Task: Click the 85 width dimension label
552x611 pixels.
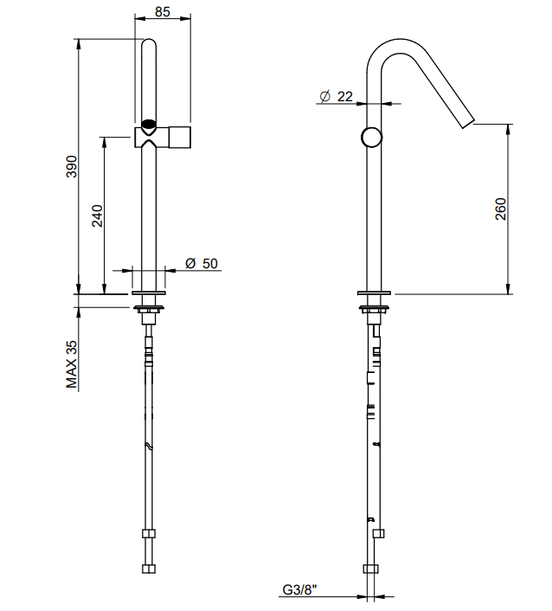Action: [163, 12]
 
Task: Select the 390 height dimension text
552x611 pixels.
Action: [72, 166]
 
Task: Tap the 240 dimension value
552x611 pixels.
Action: [97, 215]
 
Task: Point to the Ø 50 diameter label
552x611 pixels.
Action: [202, 263]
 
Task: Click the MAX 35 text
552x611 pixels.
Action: [72, 364]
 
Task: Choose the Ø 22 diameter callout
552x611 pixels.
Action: [337, 96]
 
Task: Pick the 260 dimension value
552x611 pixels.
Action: [501, 209]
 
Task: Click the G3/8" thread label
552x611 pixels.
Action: [299, 589]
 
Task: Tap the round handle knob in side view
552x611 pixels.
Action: [372, 137]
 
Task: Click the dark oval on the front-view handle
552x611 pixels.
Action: [149, 124]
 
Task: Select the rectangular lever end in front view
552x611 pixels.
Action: [180, 137]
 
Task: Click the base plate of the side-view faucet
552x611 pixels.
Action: [374, 293]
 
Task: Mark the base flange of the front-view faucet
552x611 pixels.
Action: [149, 293]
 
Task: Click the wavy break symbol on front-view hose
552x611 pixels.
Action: [149, 447]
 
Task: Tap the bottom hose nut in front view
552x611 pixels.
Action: [149, 569]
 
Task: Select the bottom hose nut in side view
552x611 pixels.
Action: [371, 569]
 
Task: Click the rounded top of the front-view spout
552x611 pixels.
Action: [149, 44]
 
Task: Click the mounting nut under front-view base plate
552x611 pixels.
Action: [149, 310]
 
